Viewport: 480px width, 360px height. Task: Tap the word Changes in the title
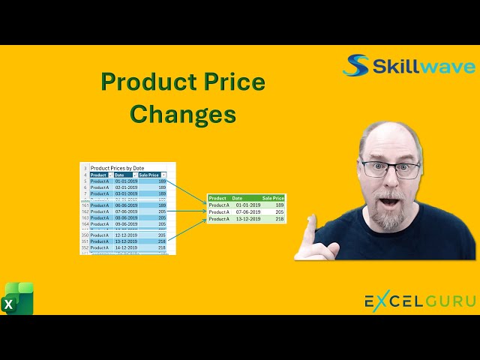point(183,114)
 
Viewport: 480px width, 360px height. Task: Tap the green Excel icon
point(19,298)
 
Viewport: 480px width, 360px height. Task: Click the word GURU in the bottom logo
point(448,301)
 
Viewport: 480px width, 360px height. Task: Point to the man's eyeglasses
point(390,168)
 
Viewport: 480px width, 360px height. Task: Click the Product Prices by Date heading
point(117,168)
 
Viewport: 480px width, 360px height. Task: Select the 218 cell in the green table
point(280,219)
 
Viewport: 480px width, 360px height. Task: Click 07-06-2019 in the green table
point(248,212)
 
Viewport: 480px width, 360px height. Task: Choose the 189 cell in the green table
point(280,205)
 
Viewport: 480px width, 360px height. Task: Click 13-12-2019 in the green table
point(248,219)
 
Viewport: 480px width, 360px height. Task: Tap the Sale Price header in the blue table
point(148,175)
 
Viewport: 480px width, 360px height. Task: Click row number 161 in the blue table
point(85,205)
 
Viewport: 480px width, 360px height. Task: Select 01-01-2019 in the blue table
point(125,181)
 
